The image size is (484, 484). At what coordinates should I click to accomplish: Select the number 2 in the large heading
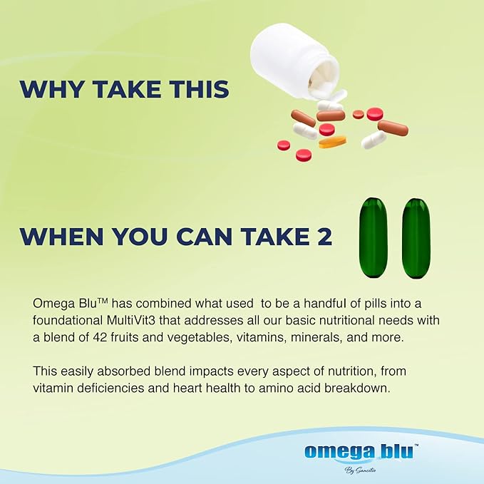(324, 237)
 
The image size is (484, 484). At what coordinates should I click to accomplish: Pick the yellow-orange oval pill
(332, 142)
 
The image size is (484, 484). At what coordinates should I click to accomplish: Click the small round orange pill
(359, 114)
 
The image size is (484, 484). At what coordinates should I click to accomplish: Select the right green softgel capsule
(416, 237)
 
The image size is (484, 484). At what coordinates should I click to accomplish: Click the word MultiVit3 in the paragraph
(131, 320)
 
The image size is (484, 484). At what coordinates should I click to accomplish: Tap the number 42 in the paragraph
(100, 337)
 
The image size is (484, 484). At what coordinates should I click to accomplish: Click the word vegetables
(200, 338)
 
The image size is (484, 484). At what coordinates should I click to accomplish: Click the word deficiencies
(110, 388)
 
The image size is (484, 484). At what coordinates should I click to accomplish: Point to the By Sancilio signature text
(360, 470)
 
